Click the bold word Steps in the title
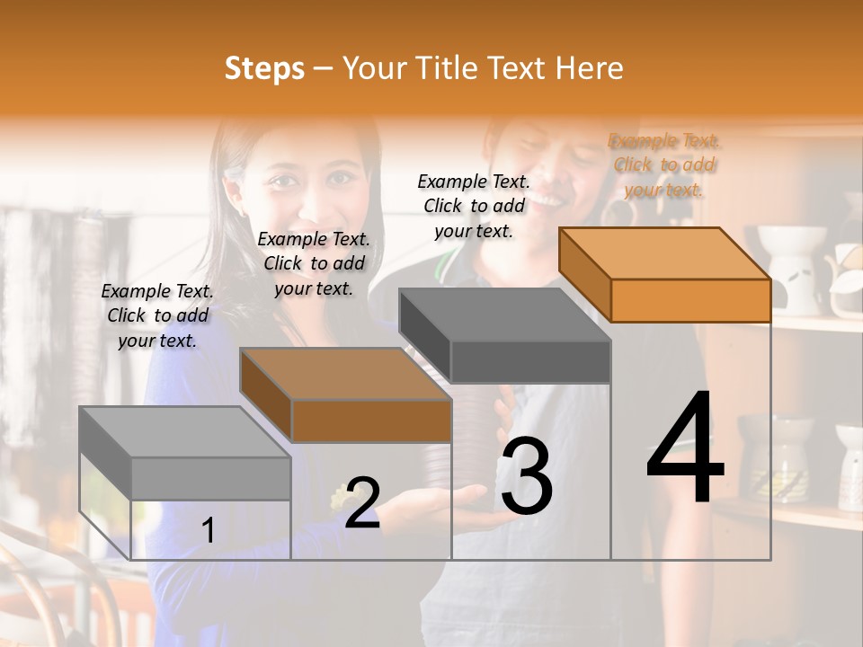click(x=264, y=68)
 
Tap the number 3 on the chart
click(x=526, y=476)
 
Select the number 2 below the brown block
click(x=362, y=503)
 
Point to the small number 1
click(x=208, y=531)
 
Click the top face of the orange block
click(x=663, y=253)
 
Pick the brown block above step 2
click(x=370, y=420)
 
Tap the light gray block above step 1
click(x=210, y=478)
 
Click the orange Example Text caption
click(x=664, y=165)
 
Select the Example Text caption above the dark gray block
click(x=474, y=206)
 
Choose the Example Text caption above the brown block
click(x=314, y=263)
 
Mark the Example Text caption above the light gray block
click(x=157, y=315)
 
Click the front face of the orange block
click(x=690, y=300)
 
